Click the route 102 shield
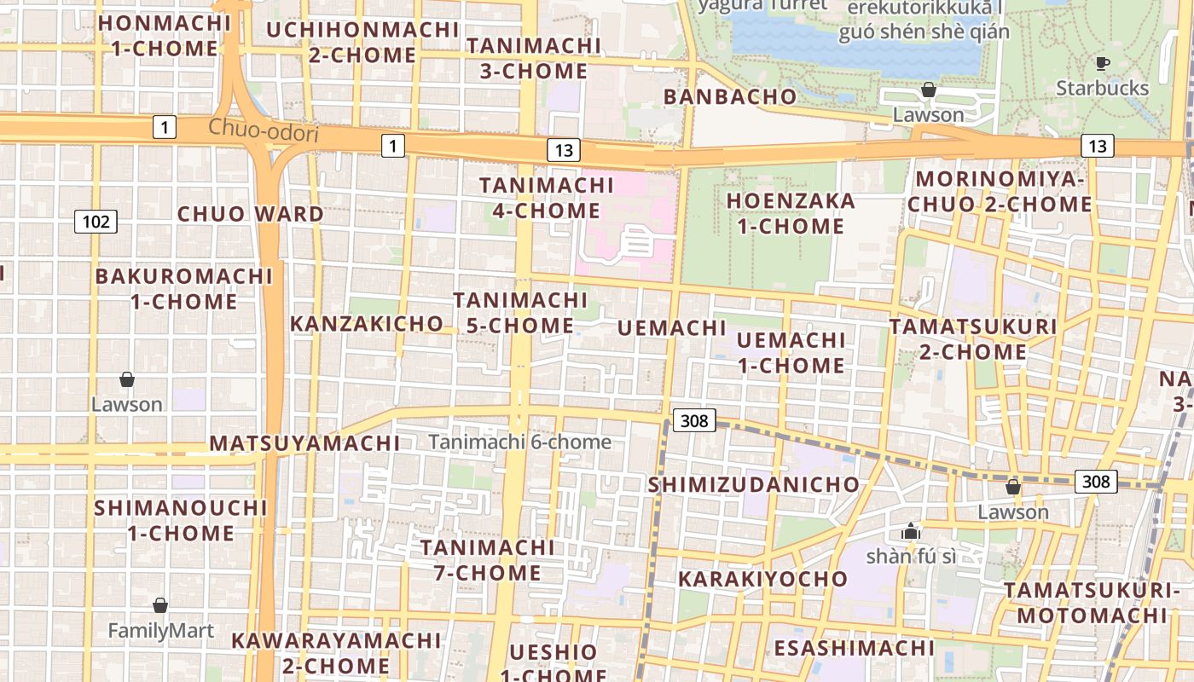[x=96, y=223]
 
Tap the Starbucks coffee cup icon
[x=1102, y=63]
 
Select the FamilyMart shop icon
[x=160, y=605]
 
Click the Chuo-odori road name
[x=264, y=132]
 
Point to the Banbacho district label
[x=730, y=96]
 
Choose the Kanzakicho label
[x=367, y=324]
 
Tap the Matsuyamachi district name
[x=304, y=443]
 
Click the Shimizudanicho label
[x=754, y=485]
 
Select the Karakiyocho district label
[x=763, y=579]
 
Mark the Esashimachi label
[x=855, y=648]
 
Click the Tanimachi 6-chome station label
[x=520, y=442]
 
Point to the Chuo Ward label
[x=251, y=214]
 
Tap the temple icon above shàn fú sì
[x=911, y=531]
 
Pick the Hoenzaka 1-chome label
[x=791, y=213]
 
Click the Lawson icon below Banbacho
[x=929, y=90]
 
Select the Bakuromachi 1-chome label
[x=184, y=289]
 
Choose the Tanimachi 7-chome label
[x=488, y=559]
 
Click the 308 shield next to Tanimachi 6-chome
[x=694, y=420]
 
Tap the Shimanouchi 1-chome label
[x=181, y=520]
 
